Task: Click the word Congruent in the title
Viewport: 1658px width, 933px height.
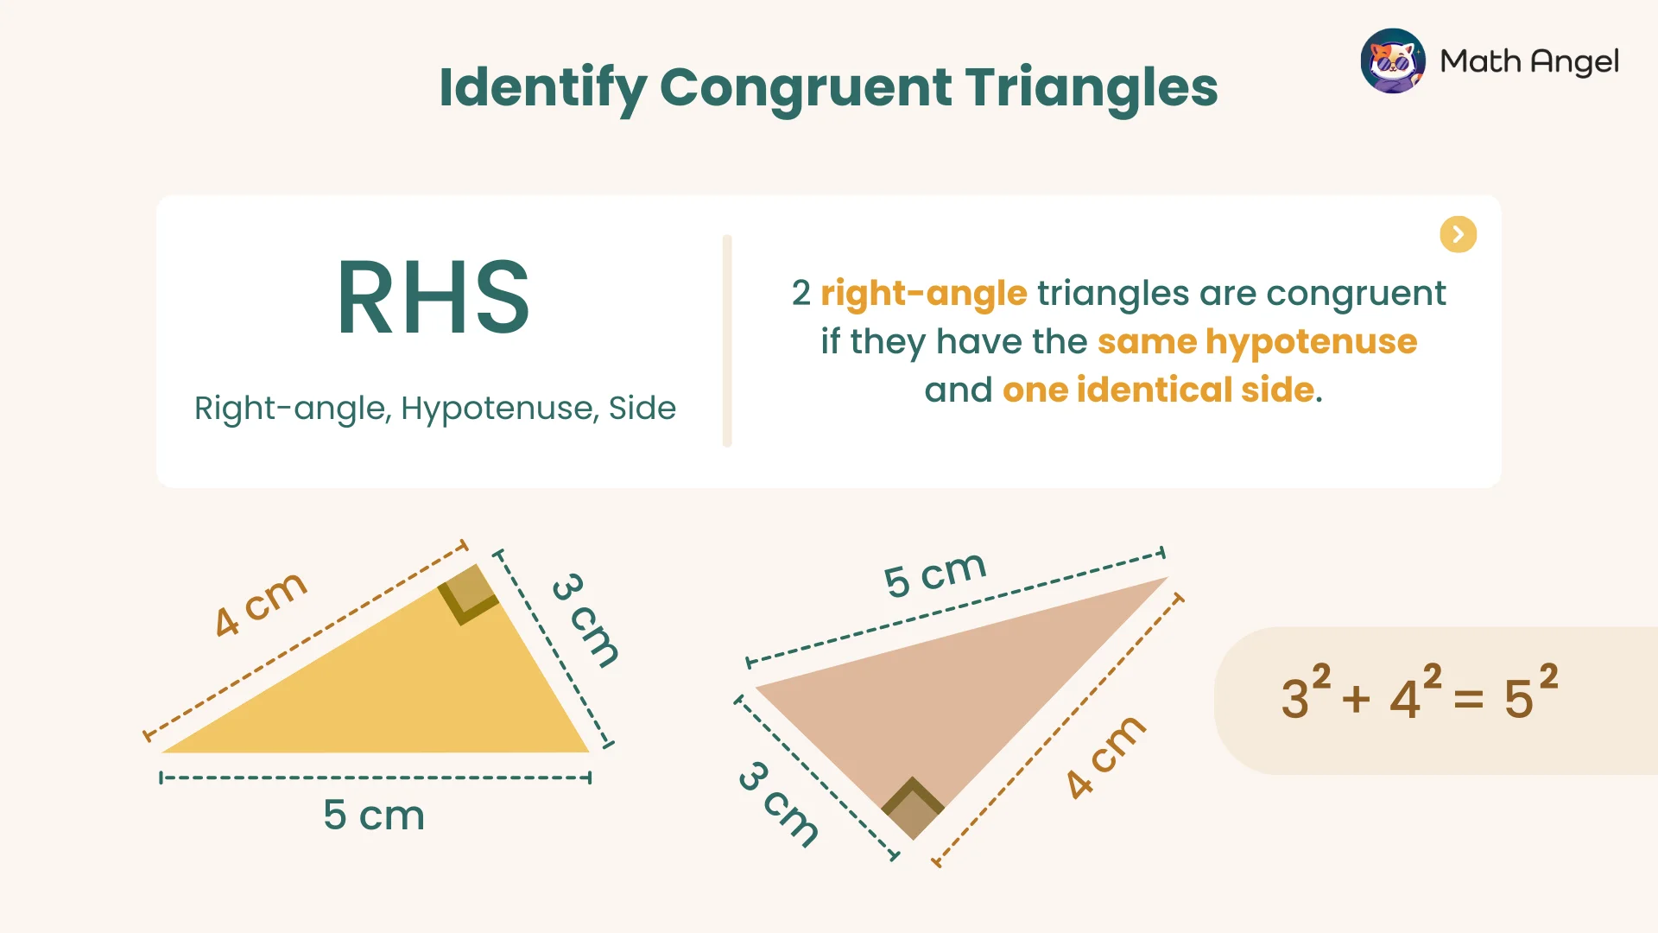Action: (807, 88)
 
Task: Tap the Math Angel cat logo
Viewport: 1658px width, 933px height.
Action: (1392, 61)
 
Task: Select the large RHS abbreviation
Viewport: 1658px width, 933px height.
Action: (433, 298)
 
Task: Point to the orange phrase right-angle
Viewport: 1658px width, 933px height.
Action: (923, 294)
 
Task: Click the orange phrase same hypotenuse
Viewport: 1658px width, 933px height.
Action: (1256, 342)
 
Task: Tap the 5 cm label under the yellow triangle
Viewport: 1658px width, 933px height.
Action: (374, 816)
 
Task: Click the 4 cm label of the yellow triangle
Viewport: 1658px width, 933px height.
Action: (260, 604)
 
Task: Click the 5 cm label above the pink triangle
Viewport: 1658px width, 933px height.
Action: (934, 574)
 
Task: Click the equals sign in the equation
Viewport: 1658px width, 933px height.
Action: (1468, 699)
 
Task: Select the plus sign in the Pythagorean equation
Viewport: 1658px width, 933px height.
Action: (1356, 699)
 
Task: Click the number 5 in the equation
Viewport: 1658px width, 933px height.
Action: (1518, 699)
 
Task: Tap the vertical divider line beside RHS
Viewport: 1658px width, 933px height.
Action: (727, 340)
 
